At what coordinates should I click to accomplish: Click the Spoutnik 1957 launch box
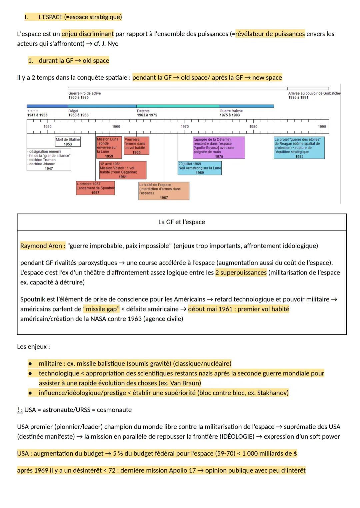[x=95, y=188]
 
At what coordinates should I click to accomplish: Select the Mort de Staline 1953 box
[x=68, y=142]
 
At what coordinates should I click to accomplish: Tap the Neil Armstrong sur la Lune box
[x=200, y=168]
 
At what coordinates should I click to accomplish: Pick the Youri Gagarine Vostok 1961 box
[x=123, y=170]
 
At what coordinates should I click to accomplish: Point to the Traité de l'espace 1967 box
[x=164, y=191]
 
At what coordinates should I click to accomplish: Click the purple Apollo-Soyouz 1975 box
[x=219, y=148]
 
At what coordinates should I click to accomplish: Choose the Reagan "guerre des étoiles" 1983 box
[x=299, y=148]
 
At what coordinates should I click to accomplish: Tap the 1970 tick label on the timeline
[x=185, y=127]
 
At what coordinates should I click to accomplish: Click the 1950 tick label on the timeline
[x=48, y=127]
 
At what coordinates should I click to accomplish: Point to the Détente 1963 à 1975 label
[x=147, y=113]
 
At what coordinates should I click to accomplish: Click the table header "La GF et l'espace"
[x=182, y=222]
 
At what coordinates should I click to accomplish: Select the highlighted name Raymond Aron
[x=41, y=246]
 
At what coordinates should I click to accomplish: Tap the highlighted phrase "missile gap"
[x=101, y=309]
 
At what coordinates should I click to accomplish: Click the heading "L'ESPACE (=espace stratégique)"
[x=80, y=17]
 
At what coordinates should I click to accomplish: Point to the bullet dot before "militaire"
[x=30, y=364]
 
